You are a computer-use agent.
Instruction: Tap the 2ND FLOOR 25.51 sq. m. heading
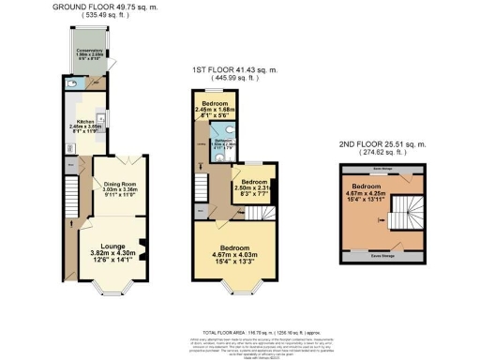pyautogui.click(x=382, y=145)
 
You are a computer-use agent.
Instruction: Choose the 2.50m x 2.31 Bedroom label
pyautogui.click(x=250, y=189)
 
